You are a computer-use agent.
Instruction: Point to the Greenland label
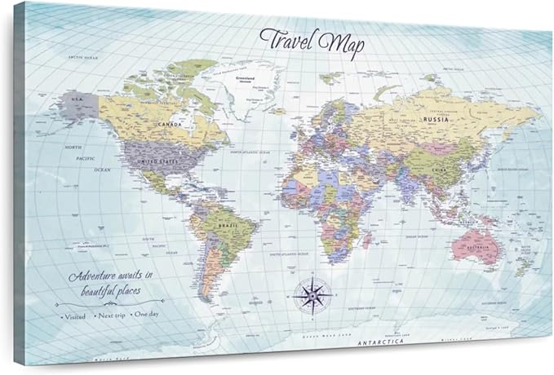tap(246, 79)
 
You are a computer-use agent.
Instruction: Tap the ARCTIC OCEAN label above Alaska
tap(85, 58)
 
